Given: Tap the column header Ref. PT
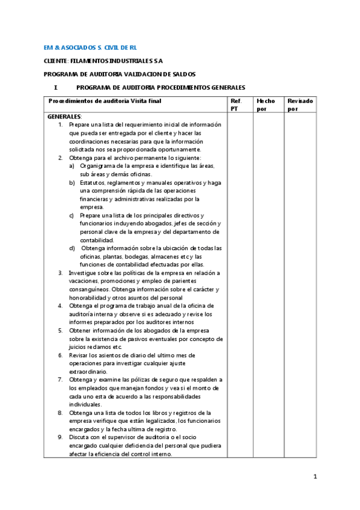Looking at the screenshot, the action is tap(236, 105).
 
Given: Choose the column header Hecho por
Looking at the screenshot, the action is tap(265, 105).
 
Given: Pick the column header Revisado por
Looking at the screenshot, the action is tap(300, 105).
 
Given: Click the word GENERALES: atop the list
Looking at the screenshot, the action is tap(64, 117).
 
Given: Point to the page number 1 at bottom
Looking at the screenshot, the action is tap(314, 477).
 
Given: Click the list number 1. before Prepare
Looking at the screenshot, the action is tap(61, 124).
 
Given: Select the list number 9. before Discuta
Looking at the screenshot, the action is tap(61, 437).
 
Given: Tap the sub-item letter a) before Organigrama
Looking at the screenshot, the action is tap(72, 165).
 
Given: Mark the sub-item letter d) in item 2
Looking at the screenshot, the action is tap(72, 248).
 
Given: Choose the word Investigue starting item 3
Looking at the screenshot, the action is tap(85, 272).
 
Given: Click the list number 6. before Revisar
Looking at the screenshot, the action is tap(61, 355).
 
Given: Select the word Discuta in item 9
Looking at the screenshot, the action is tap(81, 437).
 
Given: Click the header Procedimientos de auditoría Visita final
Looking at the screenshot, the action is tap(105, 101).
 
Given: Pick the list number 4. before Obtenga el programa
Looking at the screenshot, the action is tap(61, 306).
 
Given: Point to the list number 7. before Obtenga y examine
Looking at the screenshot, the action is tap(61, 379).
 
